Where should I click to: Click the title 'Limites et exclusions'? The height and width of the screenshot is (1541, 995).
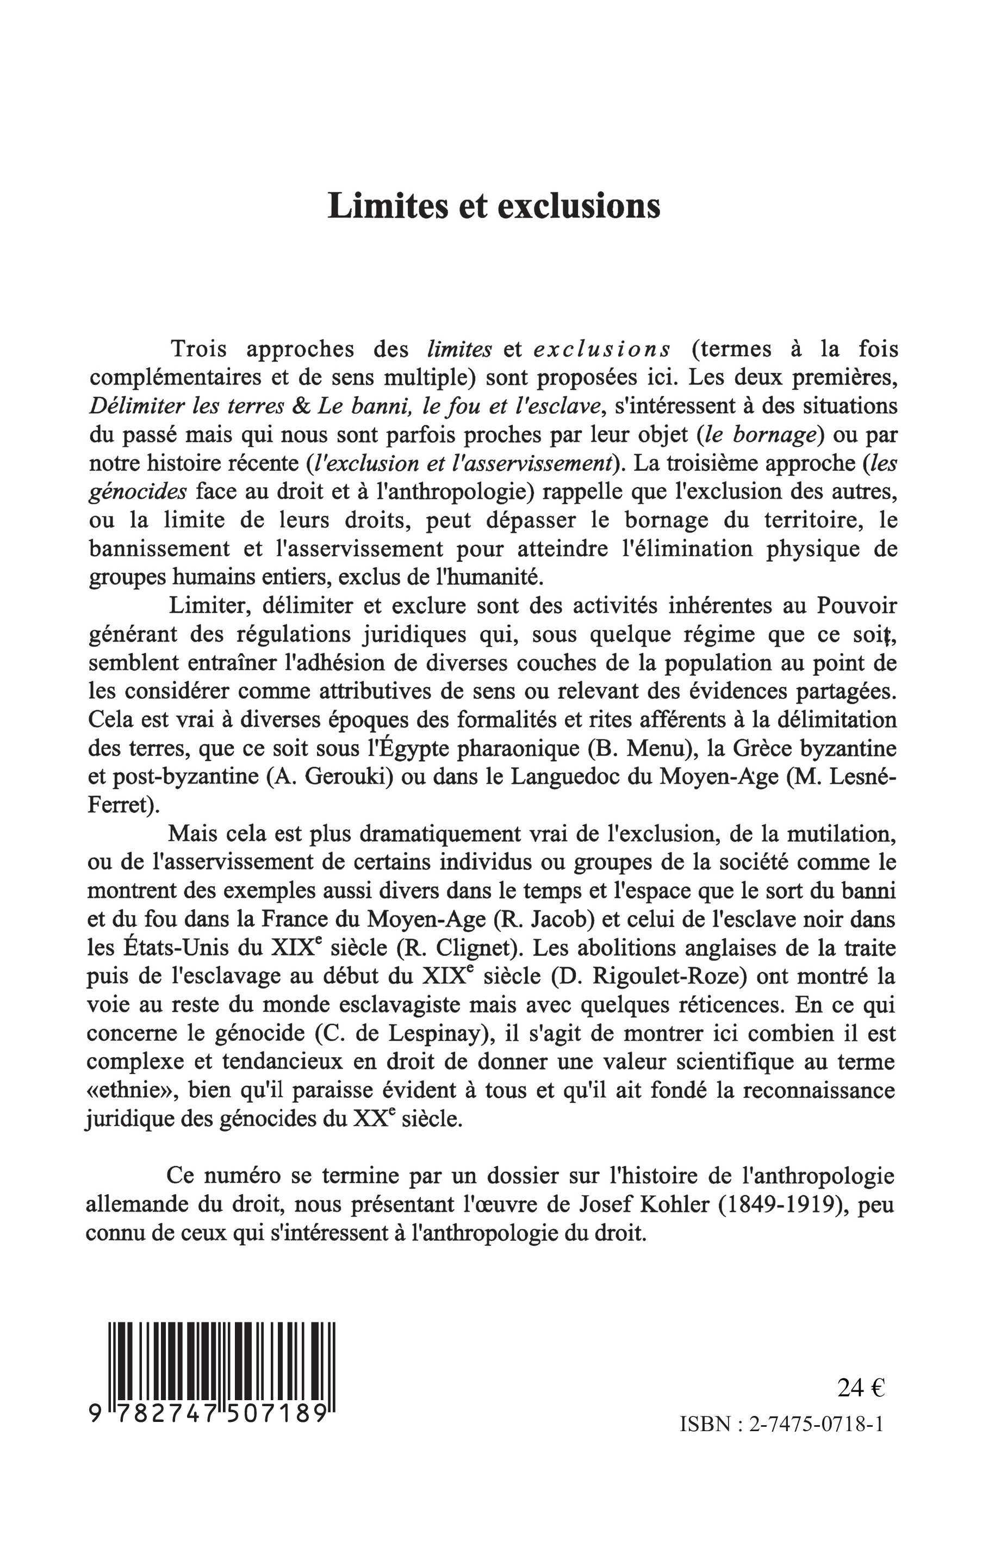[494, 206]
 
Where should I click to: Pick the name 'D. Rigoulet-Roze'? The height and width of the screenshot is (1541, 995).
[650, 976]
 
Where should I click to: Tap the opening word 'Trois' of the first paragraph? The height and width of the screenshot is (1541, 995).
[198, 349]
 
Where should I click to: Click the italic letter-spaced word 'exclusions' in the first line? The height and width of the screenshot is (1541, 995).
[602, 349]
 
